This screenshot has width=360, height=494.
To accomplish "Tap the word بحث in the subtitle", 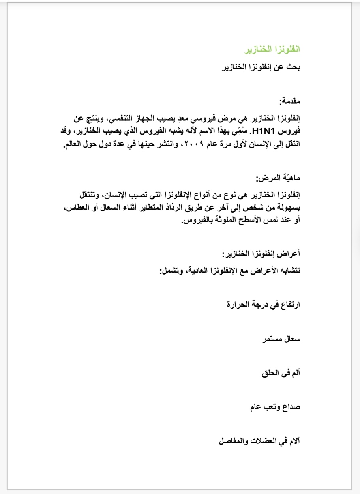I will click(293, 67).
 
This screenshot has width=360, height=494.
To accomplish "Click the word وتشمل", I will click(171, 271).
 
